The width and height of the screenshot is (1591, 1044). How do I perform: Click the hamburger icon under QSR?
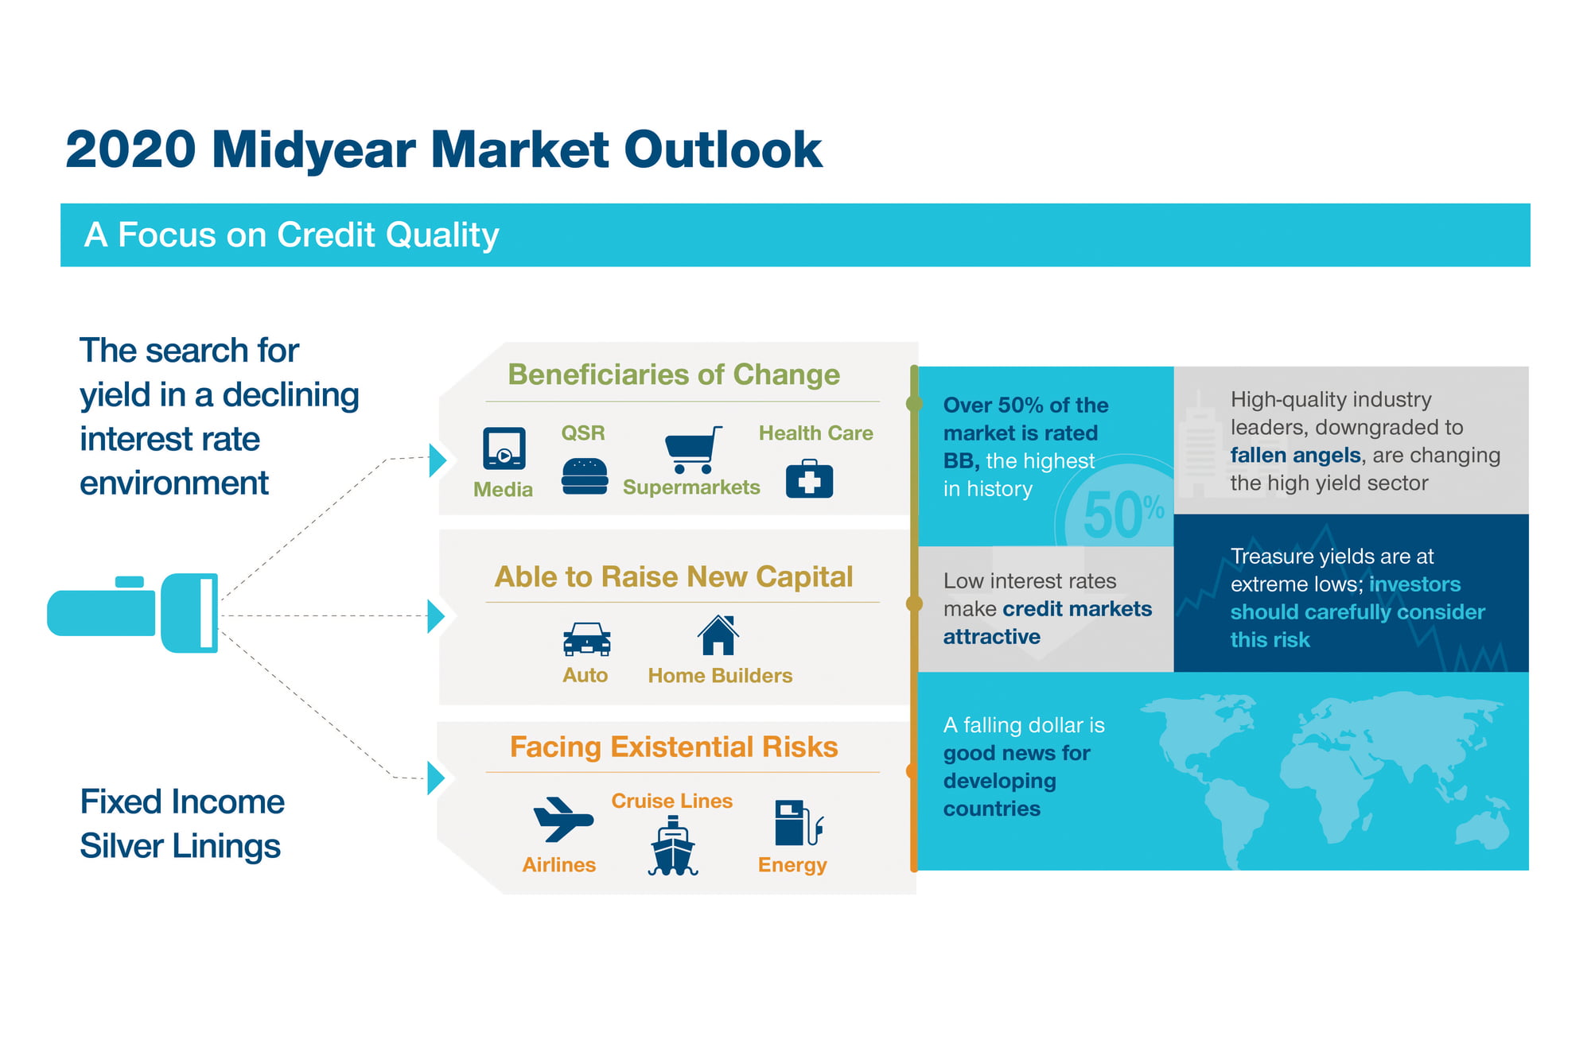[x=585, y=475]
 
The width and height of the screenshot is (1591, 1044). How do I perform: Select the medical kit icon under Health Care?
[x=809, y=479]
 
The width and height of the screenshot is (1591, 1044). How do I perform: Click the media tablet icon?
[x=504, y=448]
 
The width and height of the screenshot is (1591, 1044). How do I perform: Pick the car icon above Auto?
[x=587, y=638]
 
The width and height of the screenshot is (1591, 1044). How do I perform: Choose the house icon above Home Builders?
[x=718, y=635]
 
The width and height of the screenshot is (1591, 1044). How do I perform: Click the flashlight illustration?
[x=133, y=613]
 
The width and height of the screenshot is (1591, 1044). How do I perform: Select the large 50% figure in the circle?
[x=1123, y=515]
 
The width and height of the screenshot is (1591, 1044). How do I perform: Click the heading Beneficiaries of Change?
[x=674, y=375]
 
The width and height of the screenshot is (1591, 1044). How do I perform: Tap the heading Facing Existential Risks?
[x=674, y=747]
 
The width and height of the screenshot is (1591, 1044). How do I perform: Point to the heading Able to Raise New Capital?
[x=674, y=576]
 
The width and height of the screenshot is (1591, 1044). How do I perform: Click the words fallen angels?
[x=1295, y=456]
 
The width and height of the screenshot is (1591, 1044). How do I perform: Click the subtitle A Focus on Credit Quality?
[x=292, y=235]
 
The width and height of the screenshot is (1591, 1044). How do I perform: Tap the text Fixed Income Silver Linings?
[x=182, y=824]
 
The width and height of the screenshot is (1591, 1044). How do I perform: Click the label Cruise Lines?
[x=672, y=801]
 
